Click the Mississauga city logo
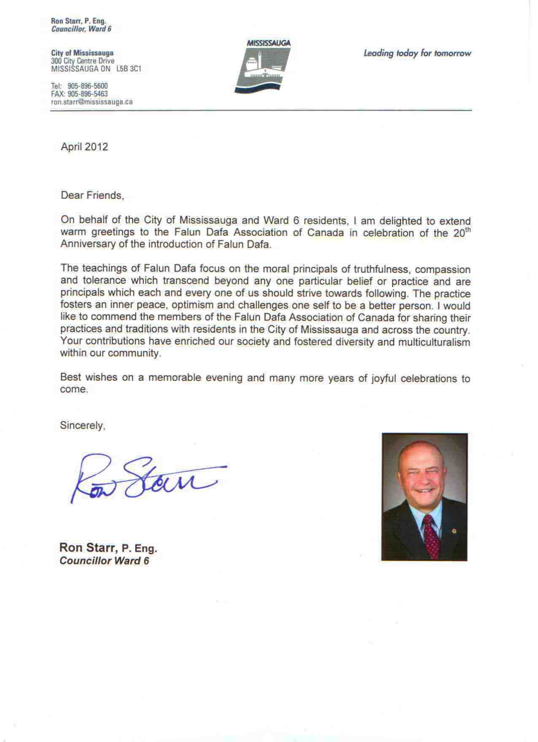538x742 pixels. pyautogui.click(x=262, y=66)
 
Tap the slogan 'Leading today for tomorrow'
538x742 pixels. pyautogui.click(x=417, y=54)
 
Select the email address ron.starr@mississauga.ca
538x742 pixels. pyautogui.click(x=92, y=102)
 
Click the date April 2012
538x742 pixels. pyautogui.click(x=84, y=147)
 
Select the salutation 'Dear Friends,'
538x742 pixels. pyautogui.click(x=92, y=196)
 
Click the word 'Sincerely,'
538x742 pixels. pyautogui.click(x=82, y=425)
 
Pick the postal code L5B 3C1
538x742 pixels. pyautogui.click(x=129, y=69)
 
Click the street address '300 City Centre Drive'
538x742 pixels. pyautogui.click(x=82, y=61)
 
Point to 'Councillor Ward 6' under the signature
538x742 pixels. pyautogui.click(x=104, y=561)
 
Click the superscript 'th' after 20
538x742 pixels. pyautogui.click(x=468, y=230)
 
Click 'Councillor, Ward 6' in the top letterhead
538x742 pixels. pyautogui.click(x=81, y=29)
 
